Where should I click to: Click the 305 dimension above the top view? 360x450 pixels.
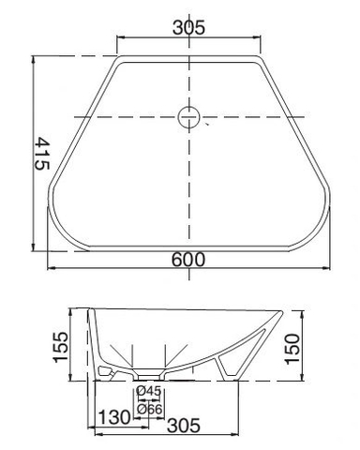point(189,28)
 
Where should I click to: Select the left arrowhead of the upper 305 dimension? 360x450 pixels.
point(118,39)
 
